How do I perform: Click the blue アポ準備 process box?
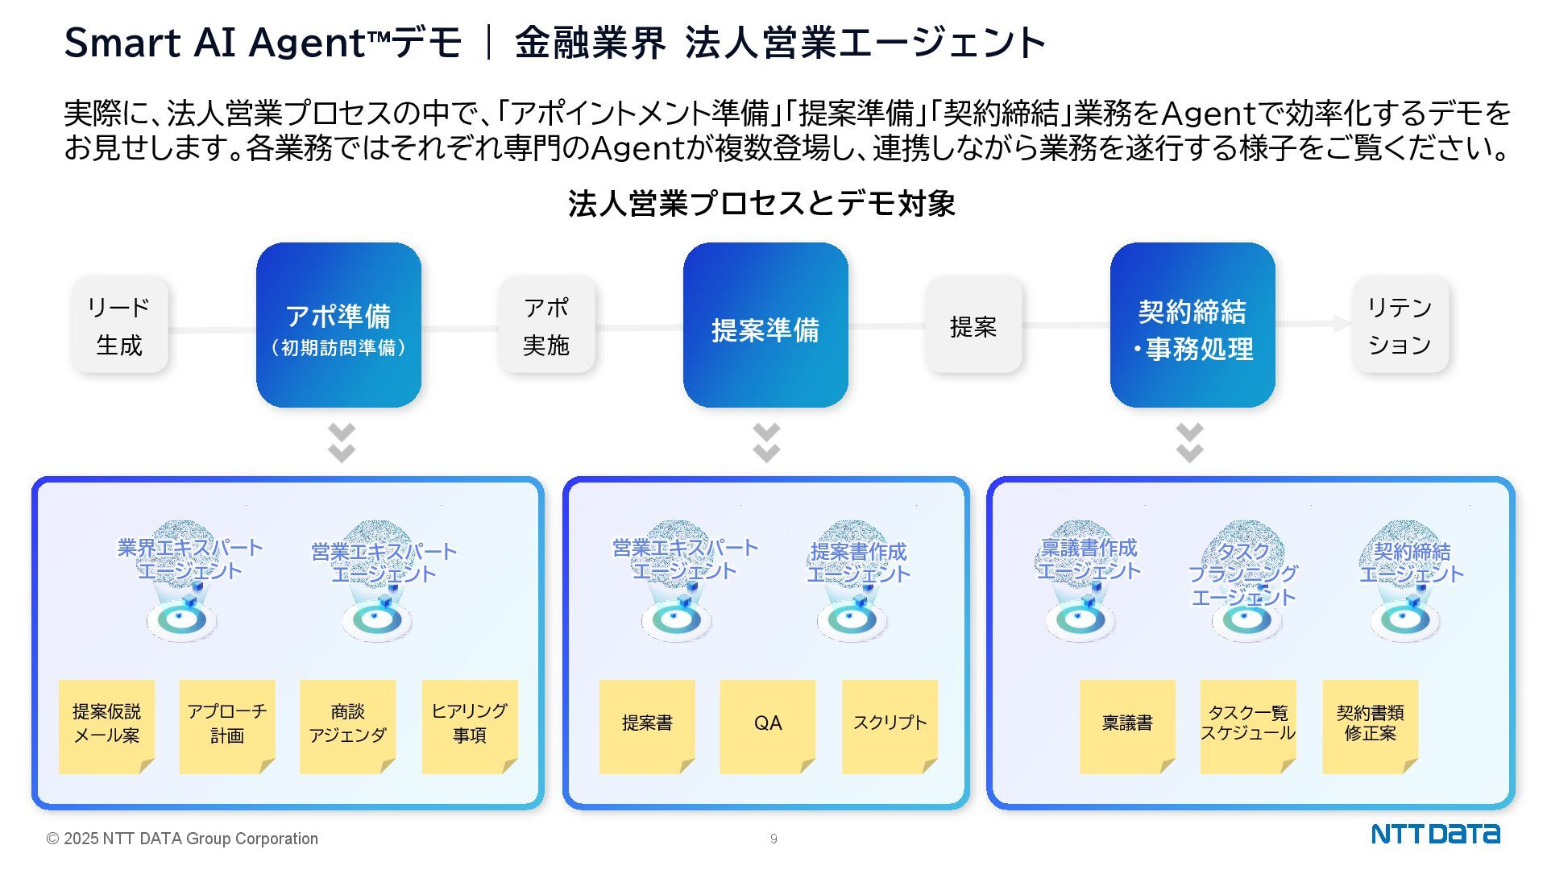coord(338,325)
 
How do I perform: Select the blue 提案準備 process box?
coord(765,325)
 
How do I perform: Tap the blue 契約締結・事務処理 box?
coord(1192,325)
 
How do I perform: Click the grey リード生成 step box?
coord(120,325)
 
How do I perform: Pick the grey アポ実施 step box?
coord(546,325)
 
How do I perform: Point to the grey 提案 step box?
coord(973,325)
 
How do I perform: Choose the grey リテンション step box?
coord(1400,325)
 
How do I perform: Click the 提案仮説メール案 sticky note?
coord(106,726)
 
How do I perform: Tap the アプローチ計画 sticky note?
coord(227,726)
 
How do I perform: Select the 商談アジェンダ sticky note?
coord(347,726)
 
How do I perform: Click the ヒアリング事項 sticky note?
coord(470,726)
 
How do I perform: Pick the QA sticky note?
coord(767,726)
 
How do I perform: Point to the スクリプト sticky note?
coord(890,726)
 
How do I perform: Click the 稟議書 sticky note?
coord(1127,726)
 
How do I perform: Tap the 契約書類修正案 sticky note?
coord(1370,726)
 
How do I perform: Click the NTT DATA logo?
coord(1435,835)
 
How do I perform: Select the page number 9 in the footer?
coord(773,839)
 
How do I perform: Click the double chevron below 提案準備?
coord(766,442)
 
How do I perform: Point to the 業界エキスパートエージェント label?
coord(190,559)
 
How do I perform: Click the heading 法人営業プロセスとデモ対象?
coord(761,204)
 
